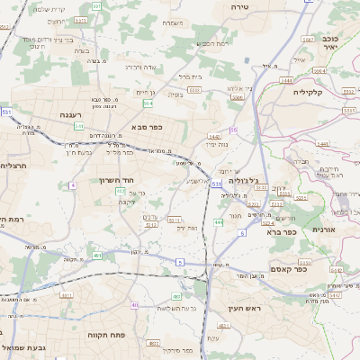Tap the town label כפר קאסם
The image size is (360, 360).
[x=314, y=267]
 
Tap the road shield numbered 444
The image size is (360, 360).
[x=219, y=221]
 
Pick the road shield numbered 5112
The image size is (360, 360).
[x=175, y=220]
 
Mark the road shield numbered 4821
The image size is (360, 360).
[x=154, y=343]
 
